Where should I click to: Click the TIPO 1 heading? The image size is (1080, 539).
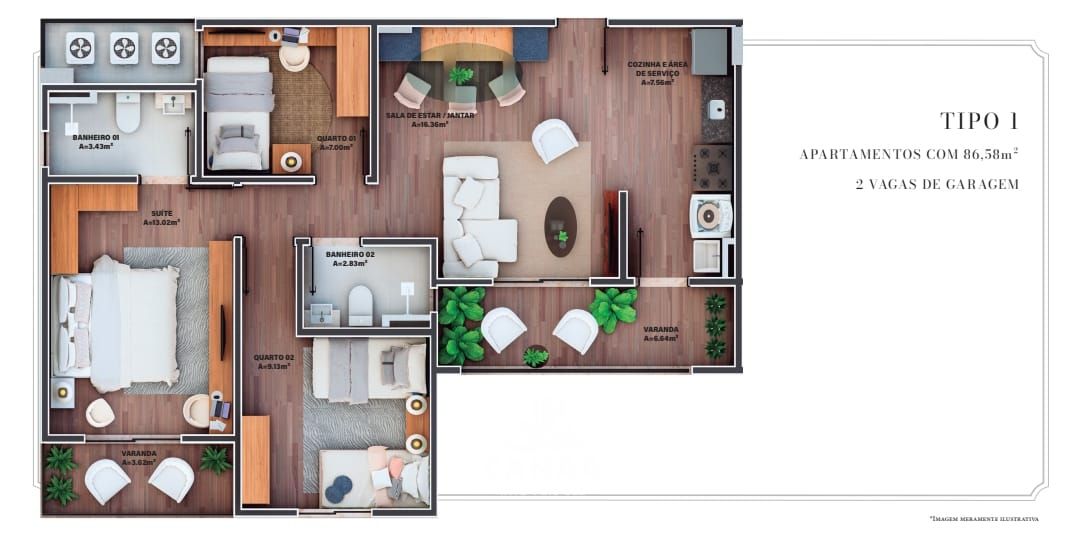click(979, 122)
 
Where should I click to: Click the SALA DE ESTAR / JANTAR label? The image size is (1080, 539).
click(430, 116)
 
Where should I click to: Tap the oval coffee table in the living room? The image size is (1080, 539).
click(560, 226)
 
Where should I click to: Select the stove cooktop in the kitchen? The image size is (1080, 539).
click(713, 166)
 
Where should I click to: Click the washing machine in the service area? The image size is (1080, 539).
click(711, 214)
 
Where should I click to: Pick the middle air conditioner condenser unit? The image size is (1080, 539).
click(124, 47)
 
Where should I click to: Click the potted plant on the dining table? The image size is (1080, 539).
click(462, 75)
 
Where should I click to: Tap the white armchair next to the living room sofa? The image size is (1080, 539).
click(554, 139)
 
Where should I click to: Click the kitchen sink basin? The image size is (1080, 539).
click(717, 109)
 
